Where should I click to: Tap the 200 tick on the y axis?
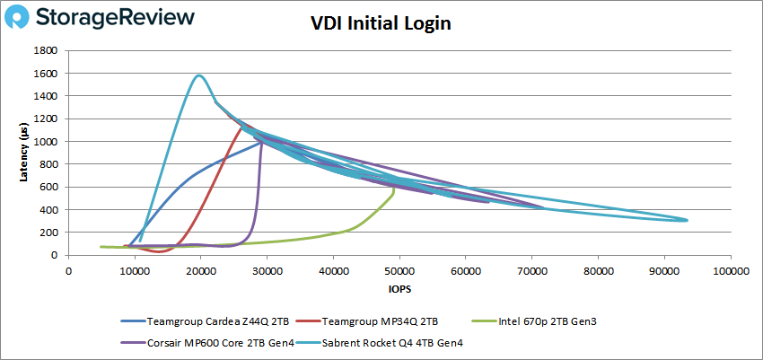tap(50, 233)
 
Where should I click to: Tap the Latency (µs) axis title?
tap(24, 153)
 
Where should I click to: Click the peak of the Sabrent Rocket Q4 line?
tap(198, 75)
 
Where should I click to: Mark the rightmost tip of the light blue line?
tap(688, 220)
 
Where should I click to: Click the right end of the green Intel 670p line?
tap(394, 191)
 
